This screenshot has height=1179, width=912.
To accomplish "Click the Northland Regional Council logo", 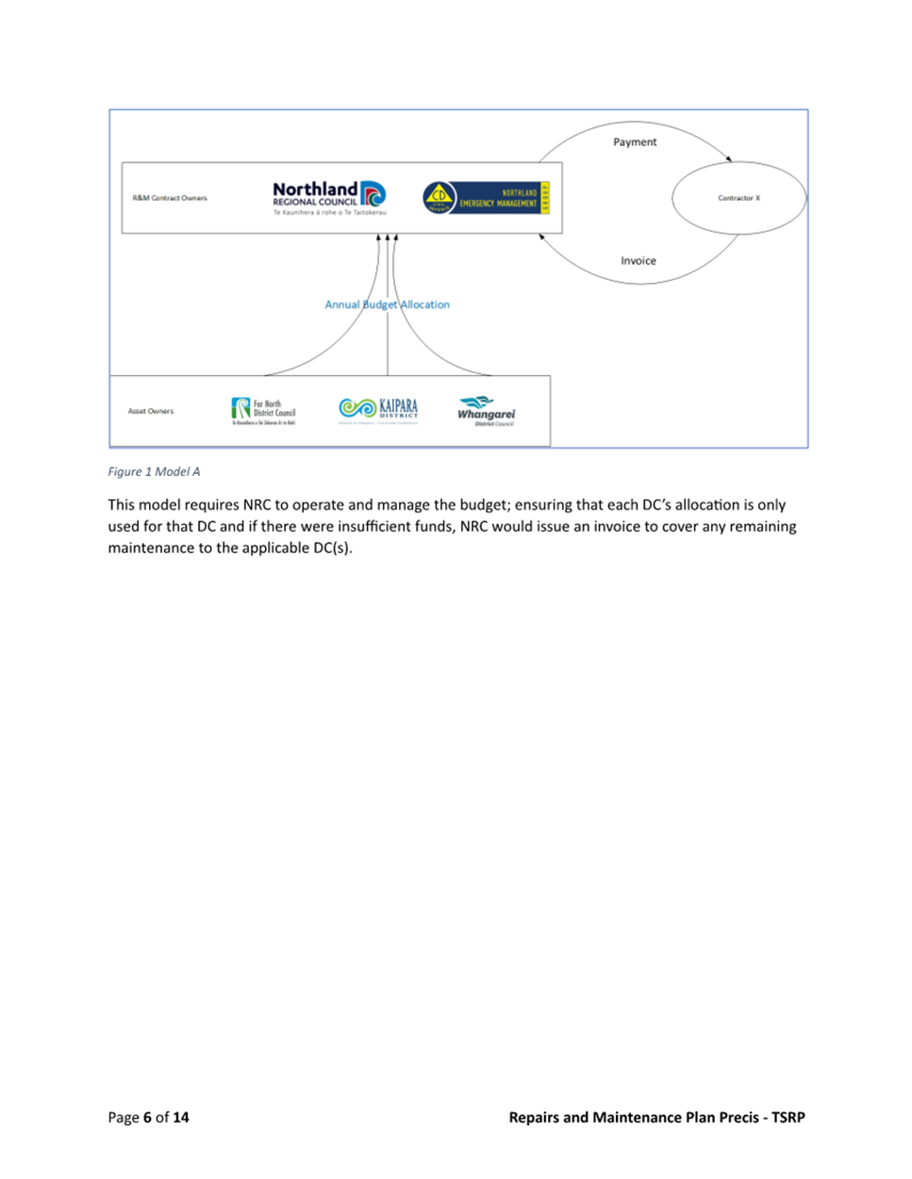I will tap(328, 198).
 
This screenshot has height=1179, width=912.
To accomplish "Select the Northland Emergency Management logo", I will tap(486, 198).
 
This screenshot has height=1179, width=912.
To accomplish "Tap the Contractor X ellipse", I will tap(738, 198).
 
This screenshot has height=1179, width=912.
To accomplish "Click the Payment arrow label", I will tap(635, 142).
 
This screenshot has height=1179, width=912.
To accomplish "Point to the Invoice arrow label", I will tap(638, 261).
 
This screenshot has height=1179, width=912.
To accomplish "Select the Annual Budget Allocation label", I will tap(388, 304).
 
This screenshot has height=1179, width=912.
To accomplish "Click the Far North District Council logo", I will tap(264, 411).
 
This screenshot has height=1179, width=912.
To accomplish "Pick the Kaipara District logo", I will tap(378, 409).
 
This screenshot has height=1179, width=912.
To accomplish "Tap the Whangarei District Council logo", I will tap(486, 411).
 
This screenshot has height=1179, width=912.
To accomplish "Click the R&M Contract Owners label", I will tap(170, 198).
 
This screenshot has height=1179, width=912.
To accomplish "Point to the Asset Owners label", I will tap(151, 411).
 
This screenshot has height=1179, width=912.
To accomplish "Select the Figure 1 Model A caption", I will tap(154, 471).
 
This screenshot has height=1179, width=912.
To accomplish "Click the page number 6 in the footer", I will tap(147, 1118).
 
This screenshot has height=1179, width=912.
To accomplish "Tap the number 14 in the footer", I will tap(180, 1118).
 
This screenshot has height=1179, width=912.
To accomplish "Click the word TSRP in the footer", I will tap(788, 1118).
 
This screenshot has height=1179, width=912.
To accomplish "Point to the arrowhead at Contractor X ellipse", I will tap(729, 159).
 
